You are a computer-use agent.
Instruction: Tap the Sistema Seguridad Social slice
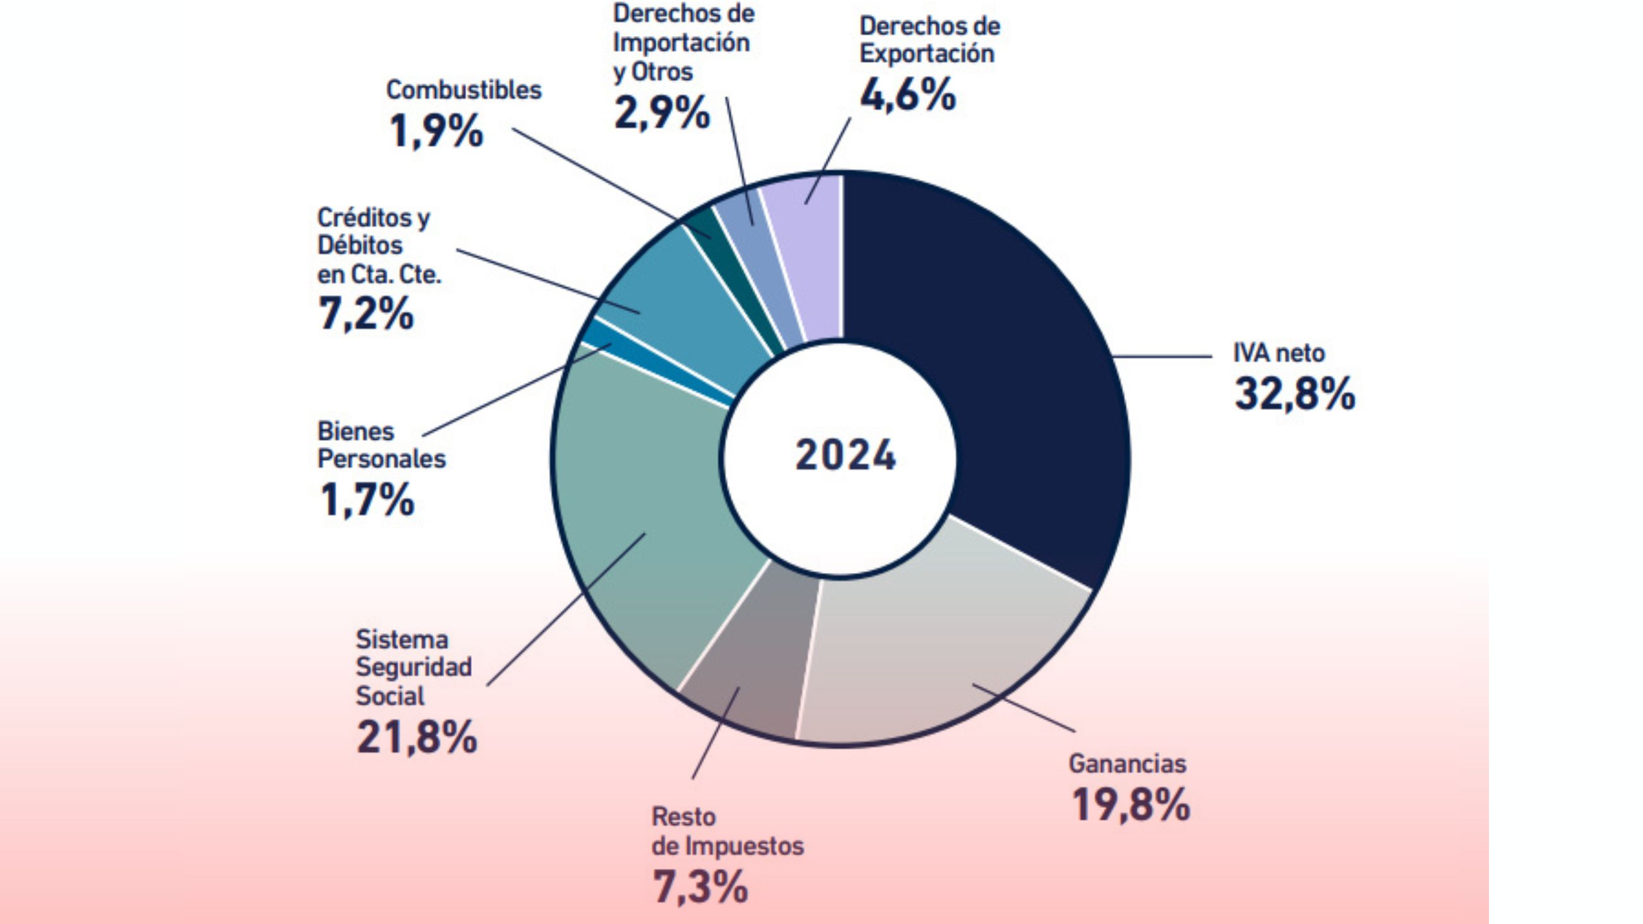pyautogui.click(x=648, y=513)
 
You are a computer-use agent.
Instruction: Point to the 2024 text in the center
pyautogui.click(x=845, y=456)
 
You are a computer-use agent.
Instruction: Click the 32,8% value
pyautogui.click(x=1294, y=393)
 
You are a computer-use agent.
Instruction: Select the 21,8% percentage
pyautogui.click(x=417, y=737)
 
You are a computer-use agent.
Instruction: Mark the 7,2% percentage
pyautogui.click(x=366, y=314)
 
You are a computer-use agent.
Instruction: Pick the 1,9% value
pyautogui.click(x=436, y=131)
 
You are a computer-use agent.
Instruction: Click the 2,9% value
pyautogui.click(x=662, y=112)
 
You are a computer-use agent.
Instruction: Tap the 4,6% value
pyautogui.click(x=908, y=95)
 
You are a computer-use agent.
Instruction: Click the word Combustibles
pyautogui.click(x=463, y=90)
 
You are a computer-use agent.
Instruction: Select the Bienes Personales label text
pyautogui.click(x=381, y=445)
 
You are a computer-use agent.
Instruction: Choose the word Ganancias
pyautogui.click(x=1127, y=764)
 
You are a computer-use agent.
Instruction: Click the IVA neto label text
pyautogui.click(x=1278, y=353)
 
